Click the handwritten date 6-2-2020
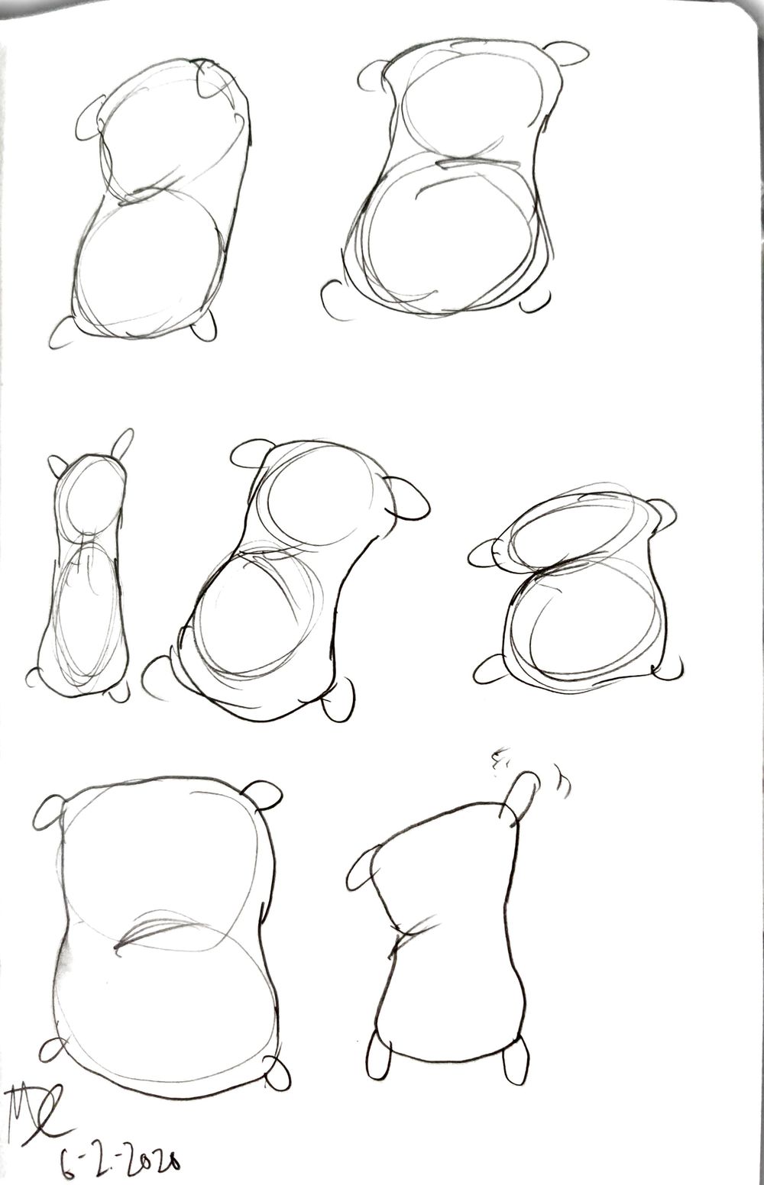[126, 1157]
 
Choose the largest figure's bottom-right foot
[276, 1073]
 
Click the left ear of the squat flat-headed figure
[487, 552]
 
